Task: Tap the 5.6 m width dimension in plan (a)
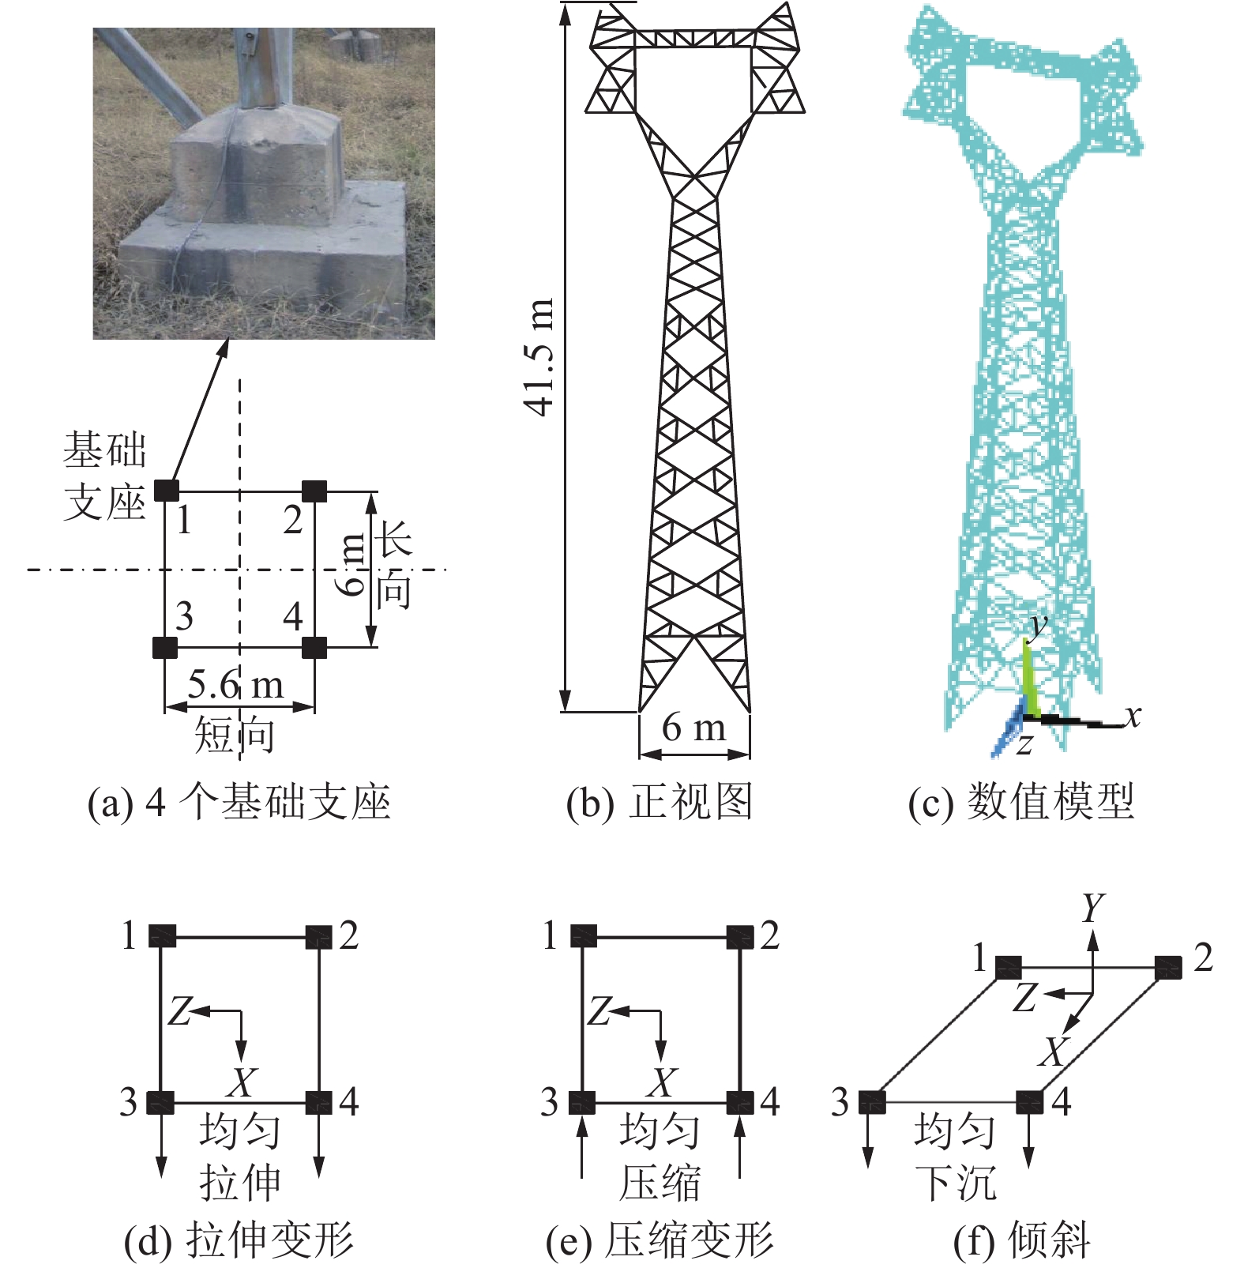click(235, 684)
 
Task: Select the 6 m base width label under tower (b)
click(693, 727)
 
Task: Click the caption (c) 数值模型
click(1020, 802)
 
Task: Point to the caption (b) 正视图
click(659, 802)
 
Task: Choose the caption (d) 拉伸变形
click(239, 1240)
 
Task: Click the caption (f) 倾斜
click(1022, 1240)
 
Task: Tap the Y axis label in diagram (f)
click(1093, 908)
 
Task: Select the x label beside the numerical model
click(1132, 716)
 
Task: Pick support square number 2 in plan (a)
click(314, 491)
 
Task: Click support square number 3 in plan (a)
click(164, 648)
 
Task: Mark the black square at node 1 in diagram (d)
click(161, 936)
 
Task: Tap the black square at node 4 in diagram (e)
click(740, 1102)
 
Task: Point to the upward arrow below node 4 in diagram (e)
click(740, 1146)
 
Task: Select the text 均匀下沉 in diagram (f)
click(956, 1157)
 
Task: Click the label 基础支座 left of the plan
click(105, 476)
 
